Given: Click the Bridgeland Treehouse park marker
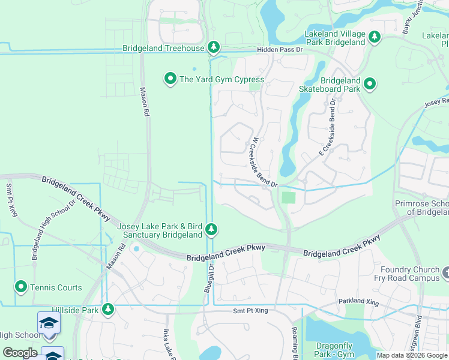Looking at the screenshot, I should (213, 47).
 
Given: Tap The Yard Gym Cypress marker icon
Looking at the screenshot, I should (170, 79).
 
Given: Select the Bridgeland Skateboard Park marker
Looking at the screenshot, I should (370, 85).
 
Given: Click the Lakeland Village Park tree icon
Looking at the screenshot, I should (375, 38).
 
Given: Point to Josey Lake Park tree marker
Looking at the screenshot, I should (211, 229).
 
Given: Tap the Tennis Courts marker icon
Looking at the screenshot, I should (21, 287).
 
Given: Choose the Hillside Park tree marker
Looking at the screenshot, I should (107, 309).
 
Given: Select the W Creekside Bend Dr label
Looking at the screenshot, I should (264, 163).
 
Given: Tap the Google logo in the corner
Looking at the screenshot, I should (20, 353).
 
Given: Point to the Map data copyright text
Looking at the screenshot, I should (412, 355).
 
